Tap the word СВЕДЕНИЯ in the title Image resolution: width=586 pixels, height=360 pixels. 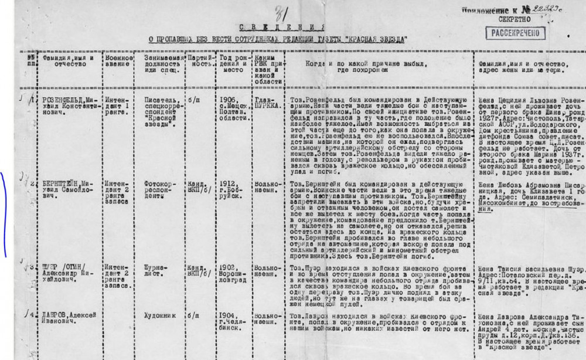point(282,28)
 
